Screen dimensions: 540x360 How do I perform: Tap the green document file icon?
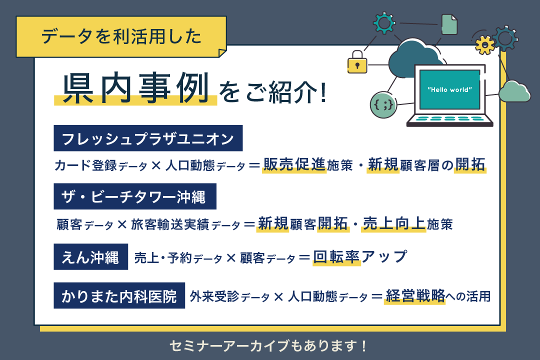(x=449, y=24)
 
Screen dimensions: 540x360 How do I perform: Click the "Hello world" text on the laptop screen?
(x=450, y=89)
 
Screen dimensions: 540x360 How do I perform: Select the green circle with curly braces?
(x=383, y=104)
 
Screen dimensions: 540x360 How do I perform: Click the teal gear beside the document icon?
(x=384, y=23)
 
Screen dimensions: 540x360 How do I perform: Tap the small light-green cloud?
(x=514, y=91)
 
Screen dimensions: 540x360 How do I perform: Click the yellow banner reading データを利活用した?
(x=121, y=37)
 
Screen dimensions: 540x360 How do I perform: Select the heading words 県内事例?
(x=136, y=88)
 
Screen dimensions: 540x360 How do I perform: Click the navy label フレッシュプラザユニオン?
(x=148, y=138)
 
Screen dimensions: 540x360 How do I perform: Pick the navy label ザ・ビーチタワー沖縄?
(x=135, y=196)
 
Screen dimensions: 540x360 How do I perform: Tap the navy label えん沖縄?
(x=91, y=257)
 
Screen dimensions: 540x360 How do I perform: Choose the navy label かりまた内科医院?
(x=119, y=295)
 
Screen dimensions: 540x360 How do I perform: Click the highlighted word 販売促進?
(x=294, y=164)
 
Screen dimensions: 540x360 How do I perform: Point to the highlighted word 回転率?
(x=336, y=257)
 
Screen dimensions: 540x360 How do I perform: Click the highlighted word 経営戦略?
(x=415, y=295)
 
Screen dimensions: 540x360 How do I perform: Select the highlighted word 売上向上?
(x=393, y=223)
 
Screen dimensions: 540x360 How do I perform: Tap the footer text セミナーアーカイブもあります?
(x=268, y=346)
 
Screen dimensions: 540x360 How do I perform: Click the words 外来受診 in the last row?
(x=214, y=296)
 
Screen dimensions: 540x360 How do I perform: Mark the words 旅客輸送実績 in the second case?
(x=170, y=224)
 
